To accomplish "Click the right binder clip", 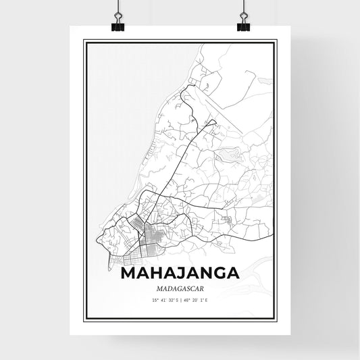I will pos(243,24).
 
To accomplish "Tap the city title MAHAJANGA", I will pos(180,274).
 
